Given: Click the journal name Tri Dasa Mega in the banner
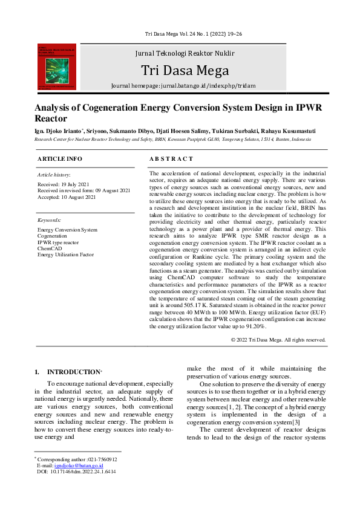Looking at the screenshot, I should (185, 71).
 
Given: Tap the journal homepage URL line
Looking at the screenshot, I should (183, 86).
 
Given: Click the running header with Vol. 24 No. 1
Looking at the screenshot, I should (185, 34).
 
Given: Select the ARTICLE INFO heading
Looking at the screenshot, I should (60, 158).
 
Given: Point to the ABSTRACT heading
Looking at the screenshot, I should (171, 158).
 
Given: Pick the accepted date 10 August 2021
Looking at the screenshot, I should (66, 197).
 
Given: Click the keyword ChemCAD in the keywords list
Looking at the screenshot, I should (50, 248).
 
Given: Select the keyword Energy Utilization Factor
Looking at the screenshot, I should (65, 254).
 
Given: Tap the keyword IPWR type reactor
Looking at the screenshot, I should (57, 242).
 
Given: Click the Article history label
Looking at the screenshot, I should (54, 174).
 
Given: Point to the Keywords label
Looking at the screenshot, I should (49, 221).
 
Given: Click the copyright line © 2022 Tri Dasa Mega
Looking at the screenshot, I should (278, 340).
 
